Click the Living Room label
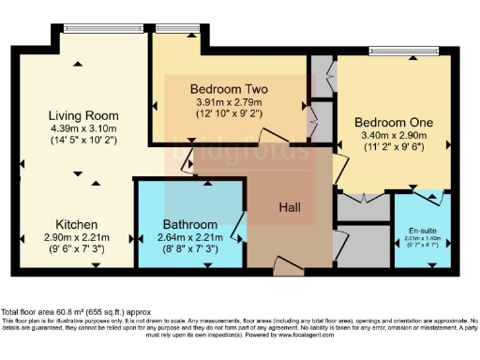[x=83, y=115]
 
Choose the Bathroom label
[x=190, y=225]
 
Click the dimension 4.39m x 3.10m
[x=83, y=128]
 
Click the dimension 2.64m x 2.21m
[x=190, y=238]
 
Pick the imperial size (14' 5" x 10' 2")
[x=83, y=142]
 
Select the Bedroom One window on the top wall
[x=390, y=52]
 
